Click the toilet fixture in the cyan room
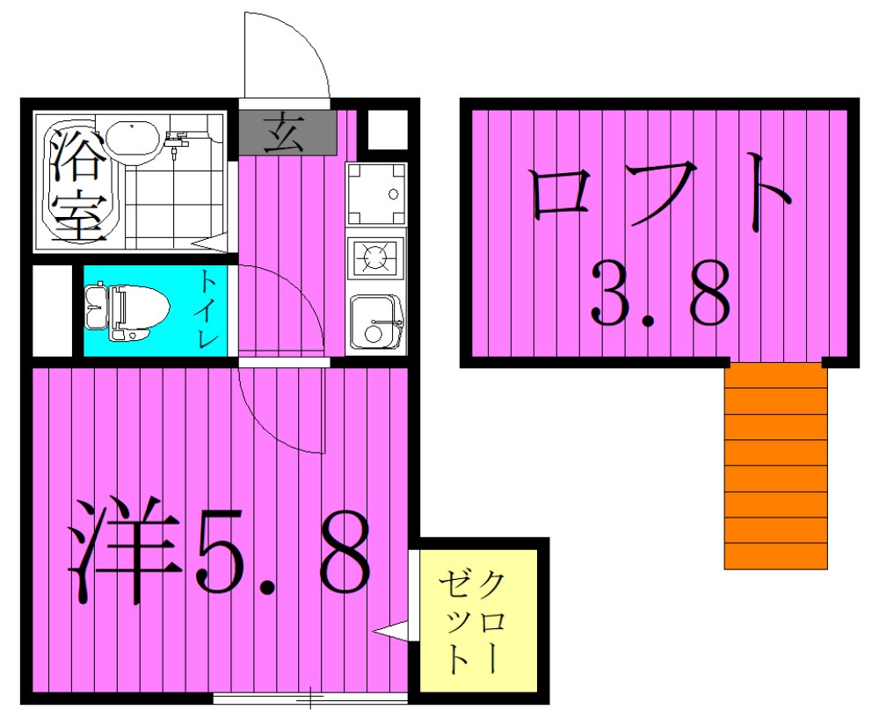(x=128, y=311)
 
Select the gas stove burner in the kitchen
(x=375, y=257)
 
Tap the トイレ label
(x=209, y=309)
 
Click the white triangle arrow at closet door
(x=390, y=630)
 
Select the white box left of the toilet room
(x=51, y=311)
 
